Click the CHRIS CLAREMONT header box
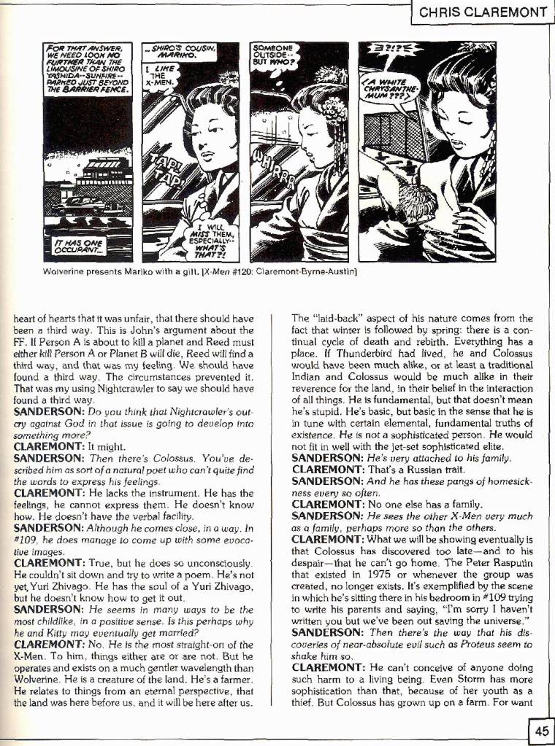tap(483, 12)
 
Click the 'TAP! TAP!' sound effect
tap(166, 170)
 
